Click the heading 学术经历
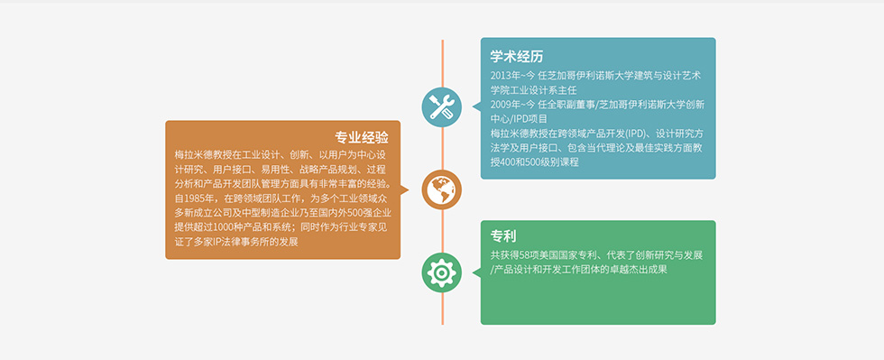(x=516, y=57)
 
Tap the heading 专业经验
(x=362, y=138)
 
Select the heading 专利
(x=503, y=235)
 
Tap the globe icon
(x=442, y=189)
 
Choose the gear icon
(x=442, y=273)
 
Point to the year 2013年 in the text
(x=504, y=76)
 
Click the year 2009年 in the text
(x=504, y=105)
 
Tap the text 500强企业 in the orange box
(x=364, y=213)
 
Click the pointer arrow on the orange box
(x=404, y=189)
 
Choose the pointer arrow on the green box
(x=476, y=273)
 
